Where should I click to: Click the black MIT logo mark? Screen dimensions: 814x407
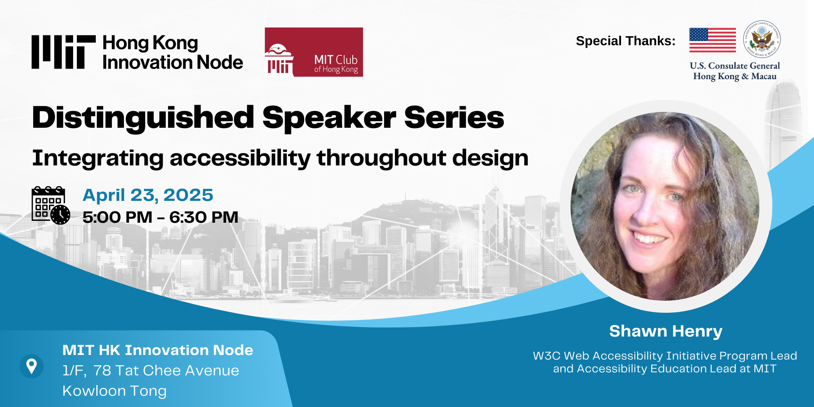pos(63,52)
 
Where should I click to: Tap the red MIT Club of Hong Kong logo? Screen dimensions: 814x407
pos(314,52)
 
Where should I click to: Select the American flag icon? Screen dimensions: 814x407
pos(713,40)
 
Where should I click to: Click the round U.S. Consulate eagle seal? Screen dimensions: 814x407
pos(762,39)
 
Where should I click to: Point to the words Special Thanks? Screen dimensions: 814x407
pos(626,41)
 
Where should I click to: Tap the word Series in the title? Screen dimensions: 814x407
pos(454,118)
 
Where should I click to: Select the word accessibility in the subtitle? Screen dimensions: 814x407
pos(240,158)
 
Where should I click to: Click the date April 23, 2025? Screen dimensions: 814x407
pos(148,195)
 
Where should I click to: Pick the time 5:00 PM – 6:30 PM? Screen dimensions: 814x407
pos(161,217)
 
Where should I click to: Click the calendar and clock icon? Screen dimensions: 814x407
pos(51,205)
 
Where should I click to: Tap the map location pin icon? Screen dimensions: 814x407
pos(32,366)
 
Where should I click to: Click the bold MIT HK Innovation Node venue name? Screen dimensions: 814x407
pos(158,350)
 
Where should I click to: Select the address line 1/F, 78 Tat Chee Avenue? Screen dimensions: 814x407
pos(151,370)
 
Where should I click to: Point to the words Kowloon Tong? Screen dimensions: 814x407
pos(115,391)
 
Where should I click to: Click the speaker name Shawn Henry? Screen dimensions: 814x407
pos(666,331)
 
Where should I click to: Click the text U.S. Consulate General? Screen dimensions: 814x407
pos(735,66)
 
